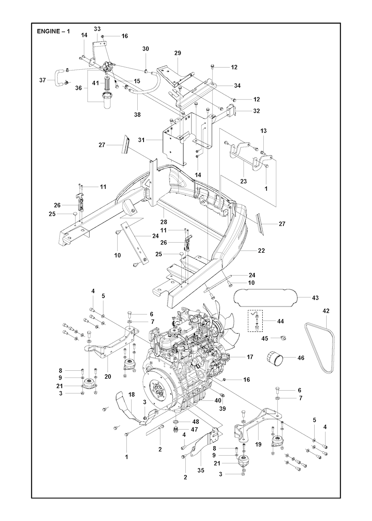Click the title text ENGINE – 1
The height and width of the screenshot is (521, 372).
tap(53, 31)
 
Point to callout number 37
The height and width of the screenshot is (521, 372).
tap(43, 80)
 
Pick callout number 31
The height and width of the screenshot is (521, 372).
tap(141, 140)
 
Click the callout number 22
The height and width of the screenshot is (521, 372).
tap(262, 251)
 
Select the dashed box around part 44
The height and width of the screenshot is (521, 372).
tap(255, 321)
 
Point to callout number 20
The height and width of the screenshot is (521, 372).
tap(108, 376)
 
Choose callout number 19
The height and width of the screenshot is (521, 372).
tap(258, 444)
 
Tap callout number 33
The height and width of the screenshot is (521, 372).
tap(97, 29)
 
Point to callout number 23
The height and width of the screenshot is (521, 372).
tap(243, 181)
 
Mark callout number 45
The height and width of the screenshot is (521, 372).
tap(265, 338)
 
